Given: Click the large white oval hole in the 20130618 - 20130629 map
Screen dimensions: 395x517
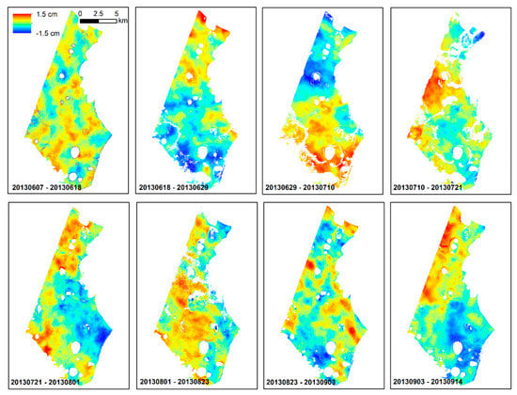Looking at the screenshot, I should click(201, 152).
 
